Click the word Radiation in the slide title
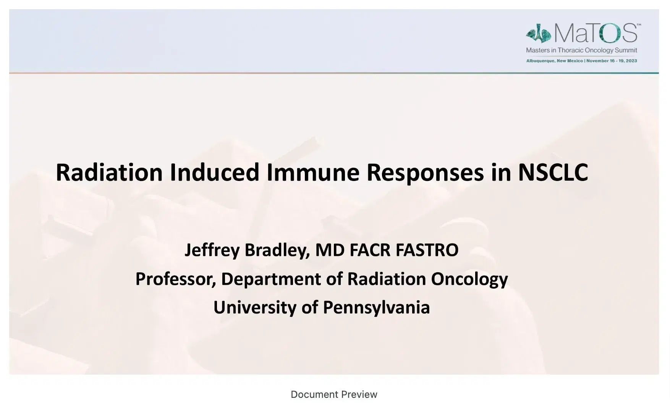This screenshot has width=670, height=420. click(109, 172)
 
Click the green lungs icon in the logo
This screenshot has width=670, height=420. click(539, 34)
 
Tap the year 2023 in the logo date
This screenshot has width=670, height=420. click(632, 61)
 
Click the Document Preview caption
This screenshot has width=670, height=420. click(334, 394)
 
